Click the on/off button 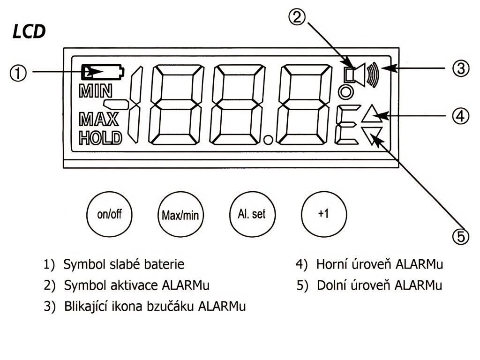109,214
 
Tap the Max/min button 180,214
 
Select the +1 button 324,214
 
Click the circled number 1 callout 18,73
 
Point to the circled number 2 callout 297,17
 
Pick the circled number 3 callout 461,68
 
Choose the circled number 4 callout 461,116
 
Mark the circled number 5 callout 461,236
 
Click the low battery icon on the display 103,72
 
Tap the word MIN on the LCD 96,91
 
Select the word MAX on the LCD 98,119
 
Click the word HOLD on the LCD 100,138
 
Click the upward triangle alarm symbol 372,114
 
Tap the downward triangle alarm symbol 372,135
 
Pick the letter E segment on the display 347,125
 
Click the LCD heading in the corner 30,31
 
